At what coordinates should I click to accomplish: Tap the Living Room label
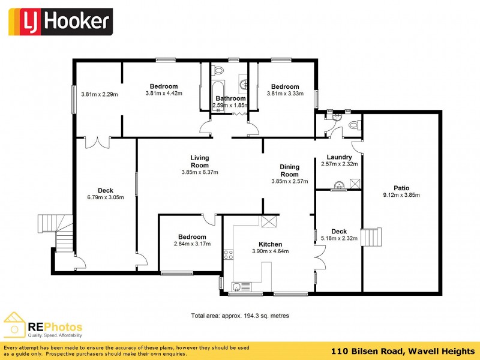tap(200, 161)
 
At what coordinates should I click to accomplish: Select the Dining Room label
tap(289, 170)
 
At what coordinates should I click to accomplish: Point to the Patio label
tap(401, 187)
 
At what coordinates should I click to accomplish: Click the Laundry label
tap(340, 157)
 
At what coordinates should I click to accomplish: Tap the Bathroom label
tap(230, 98)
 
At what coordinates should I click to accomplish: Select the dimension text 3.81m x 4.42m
tap(164, 94)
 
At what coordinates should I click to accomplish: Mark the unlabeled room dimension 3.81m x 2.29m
tap(99, 94)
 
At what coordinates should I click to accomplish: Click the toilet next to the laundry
tap(354, 125)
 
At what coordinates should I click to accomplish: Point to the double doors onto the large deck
tap(97, 142)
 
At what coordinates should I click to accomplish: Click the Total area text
tap(240, 315)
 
